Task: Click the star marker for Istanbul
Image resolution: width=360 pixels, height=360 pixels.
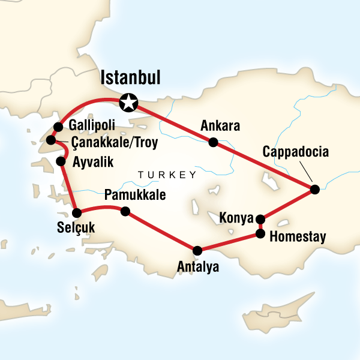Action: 128,103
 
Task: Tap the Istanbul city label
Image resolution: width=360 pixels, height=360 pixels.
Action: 134,78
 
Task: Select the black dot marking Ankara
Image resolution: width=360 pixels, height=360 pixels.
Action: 212,142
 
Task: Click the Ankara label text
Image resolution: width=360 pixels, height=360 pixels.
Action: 220,127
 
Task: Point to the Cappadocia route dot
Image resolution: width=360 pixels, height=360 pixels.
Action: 314,190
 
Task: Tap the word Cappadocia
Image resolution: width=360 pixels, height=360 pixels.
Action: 296,152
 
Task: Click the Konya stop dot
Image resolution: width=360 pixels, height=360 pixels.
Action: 260,219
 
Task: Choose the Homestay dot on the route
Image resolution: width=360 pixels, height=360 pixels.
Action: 260,233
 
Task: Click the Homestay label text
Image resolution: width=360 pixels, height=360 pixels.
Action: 298,237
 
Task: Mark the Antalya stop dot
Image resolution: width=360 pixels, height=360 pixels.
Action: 197,250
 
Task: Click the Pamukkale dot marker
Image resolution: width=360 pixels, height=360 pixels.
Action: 125,211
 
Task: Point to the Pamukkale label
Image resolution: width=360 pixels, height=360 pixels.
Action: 134,196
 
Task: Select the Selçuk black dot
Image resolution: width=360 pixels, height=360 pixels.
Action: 77,212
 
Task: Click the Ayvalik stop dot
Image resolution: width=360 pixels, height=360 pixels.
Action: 60,161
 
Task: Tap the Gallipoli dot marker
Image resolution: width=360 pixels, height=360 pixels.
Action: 58,127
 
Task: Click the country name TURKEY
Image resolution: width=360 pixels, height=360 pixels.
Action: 167,175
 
